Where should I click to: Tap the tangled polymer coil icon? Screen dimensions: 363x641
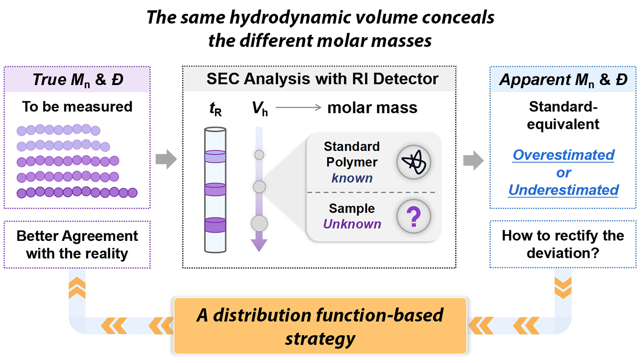tap(413, 161)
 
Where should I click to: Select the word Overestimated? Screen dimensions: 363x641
tap(563, 155)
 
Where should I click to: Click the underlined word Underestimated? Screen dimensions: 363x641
tap(563, 190)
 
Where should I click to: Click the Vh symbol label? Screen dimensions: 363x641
tap(259, 109)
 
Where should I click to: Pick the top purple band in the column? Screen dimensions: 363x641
tap(215, 156)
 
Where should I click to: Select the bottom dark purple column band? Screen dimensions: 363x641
tap(215, 224)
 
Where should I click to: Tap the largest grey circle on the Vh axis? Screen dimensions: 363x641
tap(259, 223)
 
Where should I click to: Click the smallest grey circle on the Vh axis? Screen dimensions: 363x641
tap(259, 155)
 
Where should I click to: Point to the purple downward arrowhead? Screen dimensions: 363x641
tap(259, 245)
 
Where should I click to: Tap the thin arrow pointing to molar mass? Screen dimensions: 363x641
tap(298, 108)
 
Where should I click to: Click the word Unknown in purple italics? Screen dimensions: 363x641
tap(352, 224)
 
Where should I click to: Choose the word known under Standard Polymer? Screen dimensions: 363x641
tap(352, 178)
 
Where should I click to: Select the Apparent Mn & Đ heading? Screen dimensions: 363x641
tap(563, 80)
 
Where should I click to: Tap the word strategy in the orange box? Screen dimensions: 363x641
tap(320, 338)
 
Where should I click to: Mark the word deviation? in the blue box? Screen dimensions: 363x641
tap(563, 253)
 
